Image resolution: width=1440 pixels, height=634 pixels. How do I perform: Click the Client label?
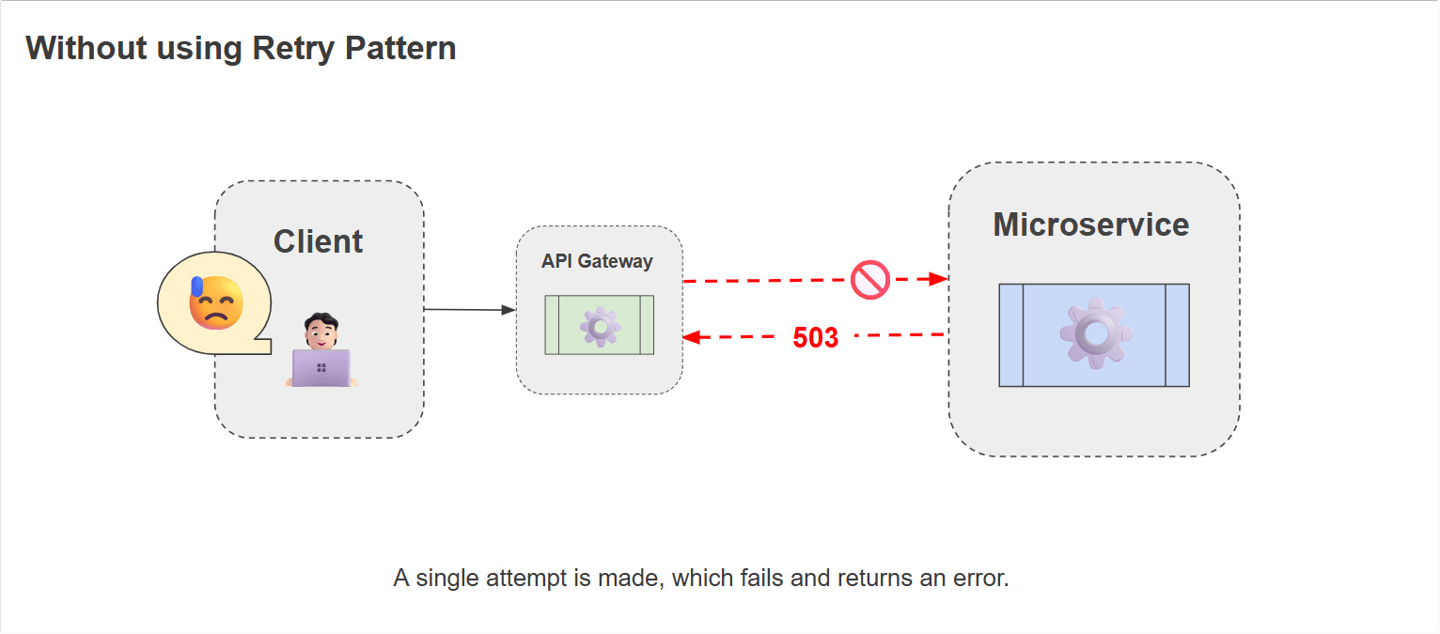click(318, 241)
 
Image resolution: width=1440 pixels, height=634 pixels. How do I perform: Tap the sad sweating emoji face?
click(215, 302)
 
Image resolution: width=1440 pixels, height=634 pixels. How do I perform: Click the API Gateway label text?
click(597, 261)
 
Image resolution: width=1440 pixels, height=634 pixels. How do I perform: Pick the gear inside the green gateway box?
click(600, 326)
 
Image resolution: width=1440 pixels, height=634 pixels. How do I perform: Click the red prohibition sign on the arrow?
click(869, 280)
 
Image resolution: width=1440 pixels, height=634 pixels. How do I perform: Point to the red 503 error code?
click(815, 338)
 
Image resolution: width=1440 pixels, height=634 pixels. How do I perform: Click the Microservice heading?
click(1090, 224)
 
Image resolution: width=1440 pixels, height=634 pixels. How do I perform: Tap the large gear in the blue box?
click(1095, 333)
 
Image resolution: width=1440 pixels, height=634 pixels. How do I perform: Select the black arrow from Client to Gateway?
click(469, 309)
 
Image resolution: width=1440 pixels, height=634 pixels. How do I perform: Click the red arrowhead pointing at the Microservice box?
click(938, 279)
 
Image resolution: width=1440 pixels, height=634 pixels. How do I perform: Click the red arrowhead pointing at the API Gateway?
click(691, 337)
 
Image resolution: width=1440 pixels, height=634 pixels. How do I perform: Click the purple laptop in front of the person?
click(321, 368)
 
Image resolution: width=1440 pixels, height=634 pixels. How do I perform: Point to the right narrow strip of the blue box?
click(1177, 335)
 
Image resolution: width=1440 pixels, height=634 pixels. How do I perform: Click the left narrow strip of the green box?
click(552, 325)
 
